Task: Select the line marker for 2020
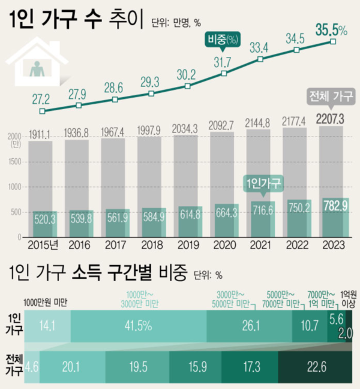coord(224,73)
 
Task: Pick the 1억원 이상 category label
coord(348,299)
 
